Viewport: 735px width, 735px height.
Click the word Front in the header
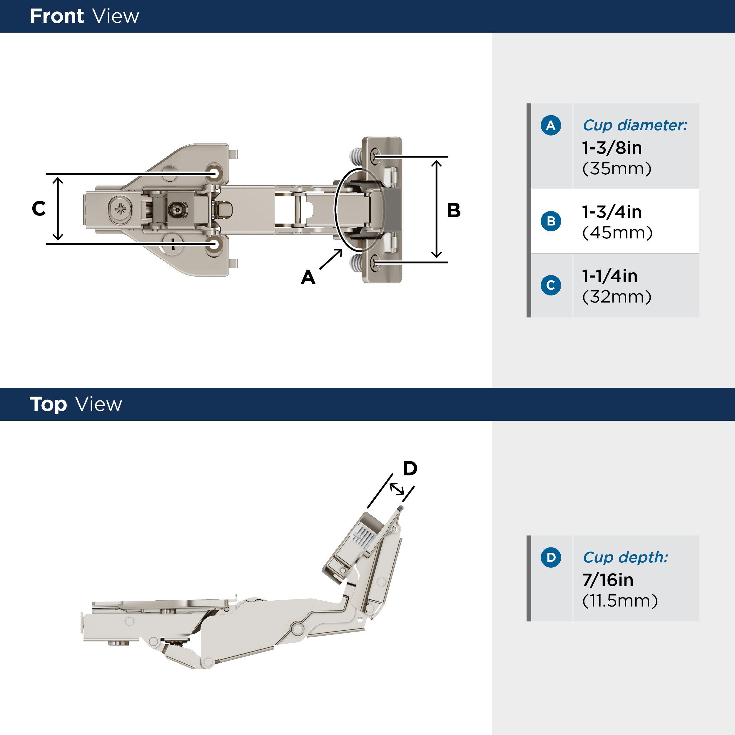pos(57,16)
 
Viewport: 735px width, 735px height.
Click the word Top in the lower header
pos(48,404)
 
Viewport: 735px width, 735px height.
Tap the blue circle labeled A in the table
pos(550,125)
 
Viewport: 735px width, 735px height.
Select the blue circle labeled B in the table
pos(550,221)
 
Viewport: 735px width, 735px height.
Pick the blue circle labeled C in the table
pos(550,285)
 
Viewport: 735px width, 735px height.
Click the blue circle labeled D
pos(550,557)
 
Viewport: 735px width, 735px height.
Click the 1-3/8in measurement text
pos(612,148)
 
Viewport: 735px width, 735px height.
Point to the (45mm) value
pos(617,233)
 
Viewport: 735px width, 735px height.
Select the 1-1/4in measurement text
pos(609,276)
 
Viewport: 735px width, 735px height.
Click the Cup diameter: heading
pos(634,125)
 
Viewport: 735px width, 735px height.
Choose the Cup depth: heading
pos(625,557)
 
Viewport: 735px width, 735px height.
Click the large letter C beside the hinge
pos(39,209)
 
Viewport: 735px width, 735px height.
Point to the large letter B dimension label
pos(453,211)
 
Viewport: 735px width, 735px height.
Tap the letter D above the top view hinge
pos(410,468)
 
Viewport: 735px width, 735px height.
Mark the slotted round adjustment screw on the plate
pos(173,243)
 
